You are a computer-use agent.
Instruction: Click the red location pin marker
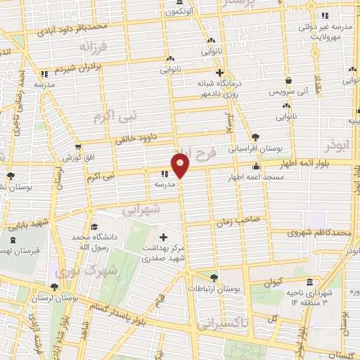(x=181, y=166)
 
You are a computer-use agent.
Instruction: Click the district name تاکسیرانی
(x=218, y=324)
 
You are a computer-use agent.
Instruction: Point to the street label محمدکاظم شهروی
(x=322, y=231)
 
